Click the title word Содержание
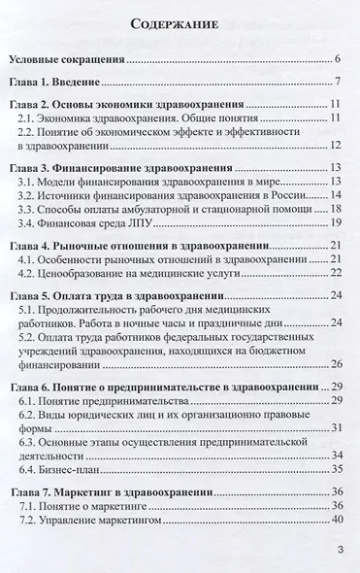tap(180, 24)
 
